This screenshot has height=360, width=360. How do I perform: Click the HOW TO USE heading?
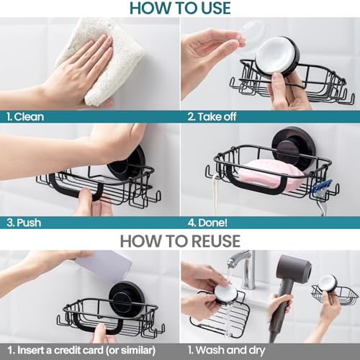click(x=180, y=8)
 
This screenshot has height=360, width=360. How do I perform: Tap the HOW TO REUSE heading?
click(x=180, y=241)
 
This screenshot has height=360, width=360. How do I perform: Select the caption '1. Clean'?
click(x=25, y=117)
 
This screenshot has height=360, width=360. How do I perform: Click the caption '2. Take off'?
click(x=212, y=117)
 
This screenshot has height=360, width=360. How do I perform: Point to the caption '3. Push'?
click(x=24, y=223)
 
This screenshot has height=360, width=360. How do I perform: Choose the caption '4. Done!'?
click(x=207, y=223)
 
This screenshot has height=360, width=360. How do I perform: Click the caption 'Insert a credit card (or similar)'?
click(x=86, y=351)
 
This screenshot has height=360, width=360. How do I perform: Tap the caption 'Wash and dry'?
click(x=230, y=351)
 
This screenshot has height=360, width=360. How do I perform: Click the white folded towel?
click(x=101, y=60)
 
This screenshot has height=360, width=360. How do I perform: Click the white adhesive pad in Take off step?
click(x=274, y=55)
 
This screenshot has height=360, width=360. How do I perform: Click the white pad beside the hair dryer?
click(x=328, y=283)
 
